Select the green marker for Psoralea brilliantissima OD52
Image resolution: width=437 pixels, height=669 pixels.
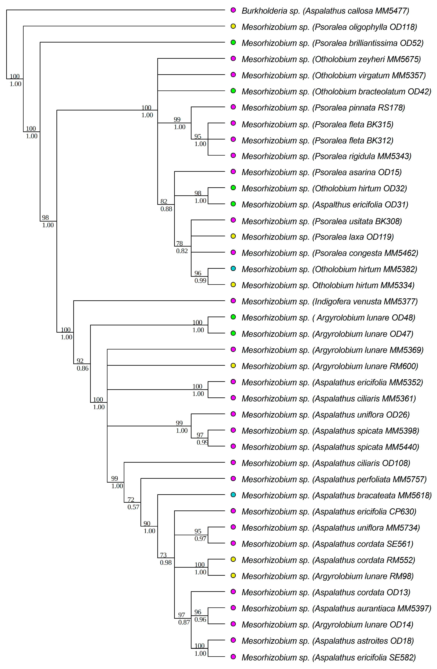click(x=233, y=42)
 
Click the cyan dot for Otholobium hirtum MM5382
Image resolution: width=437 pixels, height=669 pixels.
click(x=233, y=268)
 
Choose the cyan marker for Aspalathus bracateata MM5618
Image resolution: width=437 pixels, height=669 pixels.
click(x=233, y=495)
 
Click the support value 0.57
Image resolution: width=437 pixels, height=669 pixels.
click(x=133, y=507)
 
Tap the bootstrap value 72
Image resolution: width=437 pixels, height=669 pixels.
click(x=131, y=499)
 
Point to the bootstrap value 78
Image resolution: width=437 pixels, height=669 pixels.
click(x=179, y=243)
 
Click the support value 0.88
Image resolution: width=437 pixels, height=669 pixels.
click(x=166, y=209)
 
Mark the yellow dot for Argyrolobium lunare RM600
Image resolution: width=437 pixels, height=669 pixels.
click(x=233, y=365)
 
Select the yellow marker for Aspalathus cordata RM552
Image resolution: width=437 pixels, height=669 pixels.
click(x=233, y=559)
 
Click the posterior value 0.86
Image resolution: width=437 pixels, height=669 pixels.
click(x=83, y=368)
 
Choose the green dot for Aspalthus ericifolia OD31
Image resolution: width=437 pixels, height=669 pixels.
click(x=233, y=204)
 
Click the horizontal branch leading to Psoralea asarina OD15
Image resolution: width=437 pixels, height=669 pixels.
click(x=199, y=171)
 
